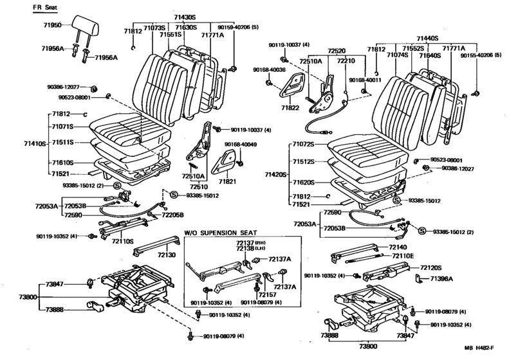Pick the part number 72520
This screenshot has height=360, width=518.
tap(335, 49)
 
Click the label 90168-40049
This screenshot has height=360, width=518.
tap(240, 144)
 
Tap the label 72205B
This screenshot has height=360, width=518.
tap(172, 215)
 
